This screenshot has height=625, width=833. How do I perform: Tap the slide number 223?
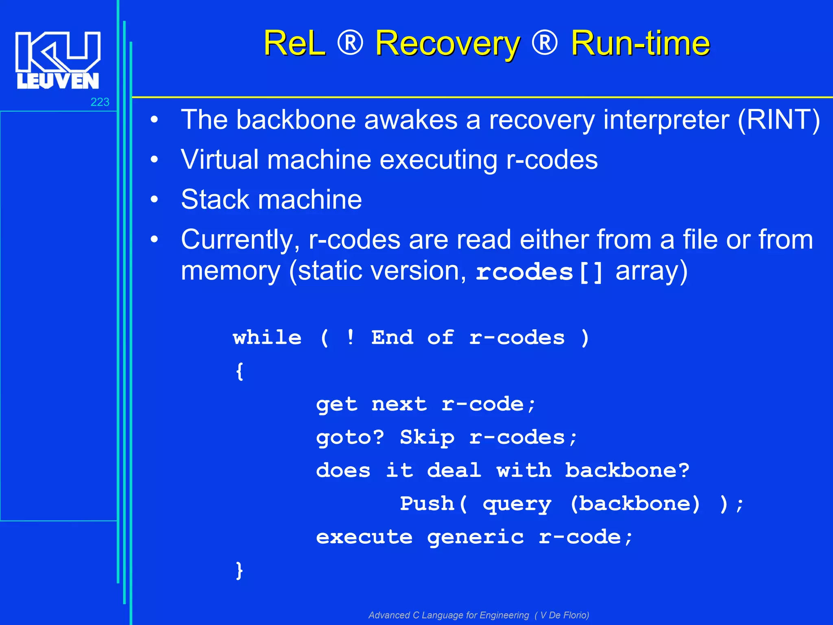click(x=100, y=102)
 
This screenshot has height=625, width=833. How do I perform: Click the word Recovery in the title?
click(x=447, y=44)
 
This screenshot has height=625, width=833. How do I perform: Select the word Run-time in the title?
click(x=640, y=44)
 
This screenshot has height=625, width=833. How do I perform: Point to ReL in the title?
click(x=294, y=44)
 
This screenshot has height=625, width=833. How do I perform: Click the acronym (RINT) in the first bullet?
click(x=778, y=120)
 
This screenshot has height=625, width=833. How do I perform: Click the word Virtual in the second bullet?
click(x=219, y=160)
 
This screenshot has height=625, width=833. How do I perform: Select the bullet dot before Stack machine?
click(x=154, y=200)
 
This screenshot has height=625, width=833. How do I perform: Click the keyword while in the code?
click(x=267, y=338)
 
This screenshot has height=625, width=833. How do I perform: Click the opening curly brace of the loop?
click(x=240, y=371)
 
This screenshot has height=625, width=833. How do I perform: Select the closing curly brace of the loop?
click(x=240, y=570)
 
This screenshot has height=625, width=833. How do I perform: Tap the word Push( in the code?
click(x=434, y=504)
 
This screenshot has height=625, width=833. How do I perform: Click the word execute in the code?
click(x=364, y=537)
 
